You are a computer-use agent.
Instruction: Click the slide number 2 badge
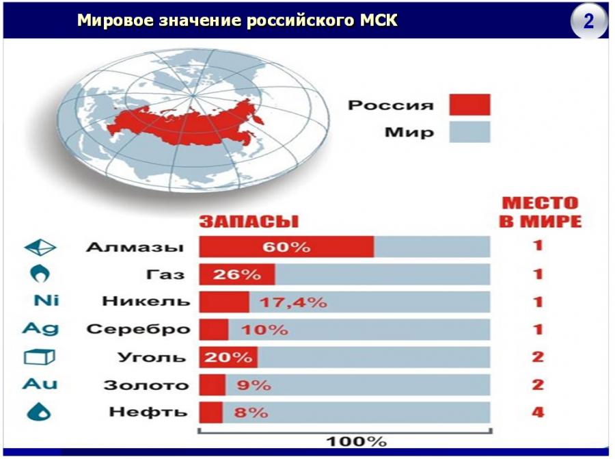click(x=589, y=21)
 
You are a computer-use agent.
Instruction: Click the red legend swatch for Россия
click(x=469, y=105)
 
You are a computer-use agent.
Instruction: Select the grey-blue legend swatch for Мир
click(x=469, y=131)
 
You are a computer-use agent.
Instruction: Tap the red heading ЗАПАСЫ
click(x=249, y=222)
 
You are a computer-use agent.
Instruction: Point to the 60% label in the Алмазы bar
click(x=286, y=247)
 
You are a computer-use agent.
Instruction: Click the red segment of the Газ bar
click(x=237, y=274)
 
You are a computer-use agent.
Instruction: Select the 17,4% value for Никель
click(x=293, y=302)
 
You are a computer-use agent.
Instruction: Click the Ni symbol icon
click(x=46, y=300)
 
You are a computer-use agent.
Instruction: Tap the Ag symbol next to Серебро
click(x=41, y=328)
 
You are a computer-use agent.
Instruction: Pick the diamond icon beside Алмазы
click(x=40, y=248)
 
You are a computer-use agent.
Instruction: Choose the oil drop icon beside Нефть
click(x=39, y=412)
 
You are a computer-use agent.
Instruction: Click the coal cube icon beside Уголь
click(x=39, y=356)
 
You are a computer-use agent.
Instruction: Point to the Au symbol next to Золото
click(x=40, y=384)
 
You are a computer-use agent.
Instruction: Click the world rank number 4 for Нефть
click(x=538, y=412)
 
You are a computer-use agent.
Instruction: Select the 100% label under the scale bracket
click(x=357, y=441)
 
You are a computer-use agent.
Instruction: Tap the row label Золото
click(x=146, y=385)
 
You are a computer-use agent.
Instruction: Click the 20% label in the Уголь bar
click(x=228, y=357)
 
